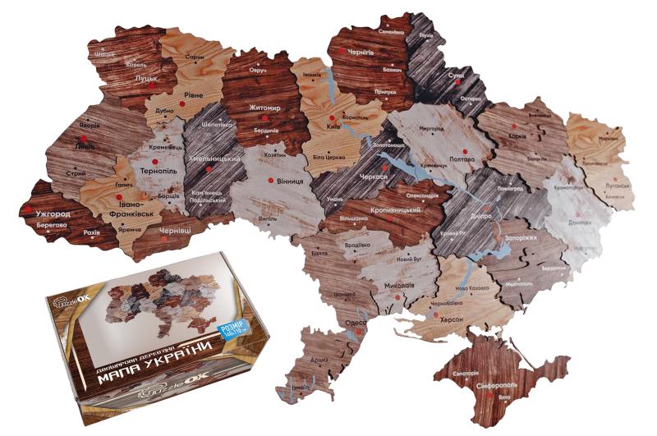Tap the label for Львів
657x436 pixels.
click(84, 147)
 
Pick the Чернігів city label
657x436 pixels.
click(361, 51)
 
